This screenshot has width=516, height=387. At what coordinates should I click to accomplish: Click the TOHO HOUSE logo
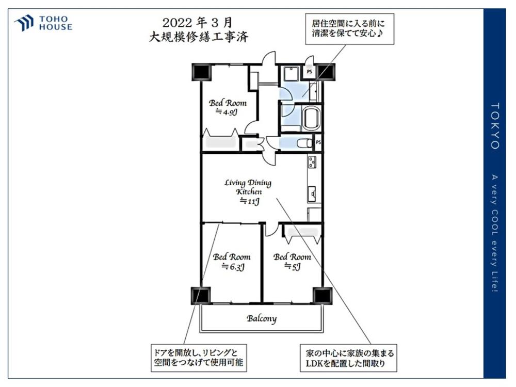(x=43, y=23)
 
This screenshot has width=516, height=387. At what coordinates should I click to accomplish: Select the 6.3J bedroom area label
(x=233, y=267)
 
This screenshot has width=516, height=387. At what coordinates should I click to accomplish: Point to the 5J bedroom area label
(x=292, y=267)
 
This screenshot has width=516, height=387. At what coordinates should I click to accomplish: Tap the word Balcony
(x=262, y=318)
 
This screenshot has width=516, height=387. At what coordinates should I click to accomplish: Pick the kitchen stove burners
(x=312, y=162)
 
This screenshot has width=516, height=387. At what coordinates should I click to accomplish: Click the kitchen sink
(x=312, y=194)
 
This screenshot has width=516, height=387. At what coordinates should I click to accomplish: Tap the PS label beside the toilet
(x=318, y=142)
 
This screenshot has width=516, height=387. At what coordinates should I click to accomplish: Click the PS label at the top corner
(x=309, y=71)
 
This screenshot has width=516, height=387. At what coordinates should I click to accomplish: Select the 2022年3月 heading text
(x=198, y=22)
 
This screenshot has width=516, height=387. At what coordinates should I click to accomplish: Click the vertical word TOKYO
(x=495, y=126)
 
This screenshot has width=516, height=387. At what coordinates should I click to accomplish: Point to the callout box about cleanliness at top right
(x=349, y=28)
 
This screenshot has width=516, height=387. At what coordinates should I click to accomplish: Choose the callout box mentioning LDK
(x=348, y=359)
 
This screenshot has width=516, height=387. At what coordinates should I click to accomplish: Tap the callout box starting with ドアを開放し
(x=199, y=358)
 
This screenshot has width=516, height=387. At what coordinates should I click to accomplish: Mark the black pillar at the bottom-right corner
(x=322, y=295)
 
